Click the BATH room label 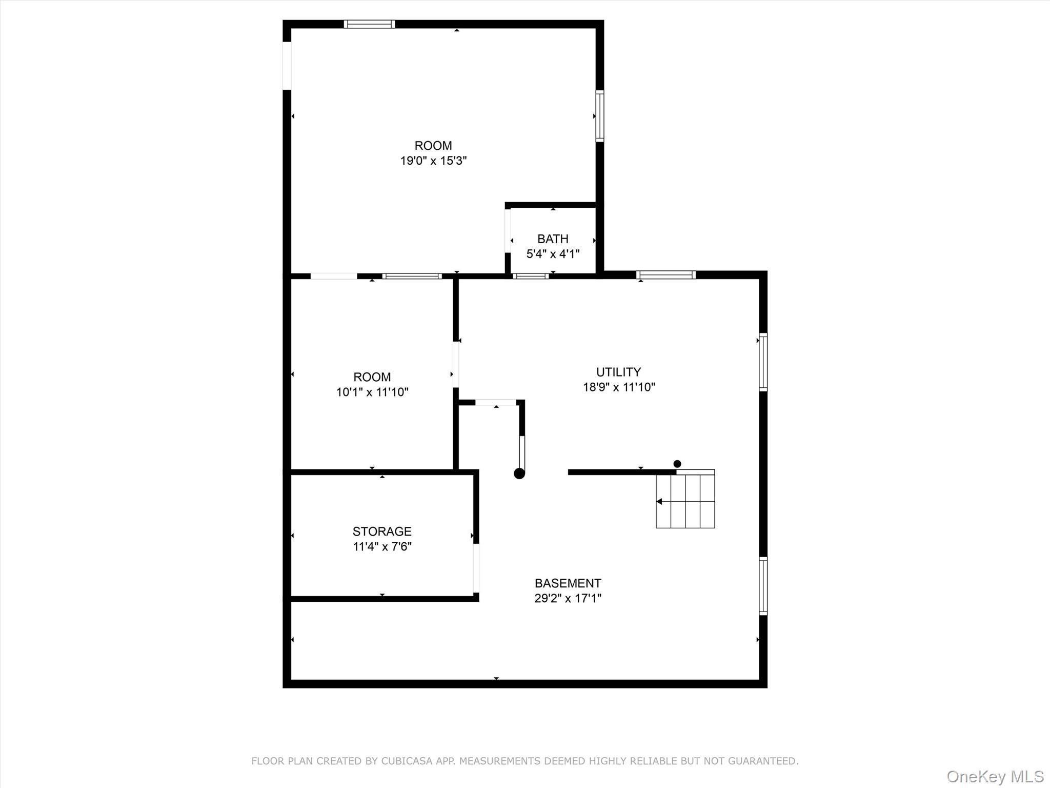tap(553, 239)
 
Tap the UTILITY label tap(618, 372)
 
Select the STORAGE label tap(382, 531)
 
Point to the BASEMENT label tap(568, 583)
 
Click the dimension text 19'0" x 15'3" tap(433, 161)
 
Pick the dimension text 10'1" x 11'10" tap(372, 392)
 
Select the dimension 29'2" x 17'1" tap(568, 598)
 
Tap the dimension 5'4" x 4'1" tap(553, 254)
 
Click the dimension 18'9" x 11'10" tap(619, 387)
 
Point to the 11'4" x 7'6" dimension tap(382, 546)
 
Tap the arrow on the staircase tap(660, 502)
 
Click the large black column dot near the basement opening tap(519, 474)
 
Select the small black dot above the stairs tap(677, 464)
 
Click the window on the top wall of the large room tap(369, 24)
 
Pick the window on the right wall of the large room tap(599, 116)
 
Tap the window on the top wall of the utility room tap(665, 275)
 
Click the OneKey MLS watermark tap(995, 776)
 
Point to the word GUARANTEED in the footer tap(764, 761)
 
